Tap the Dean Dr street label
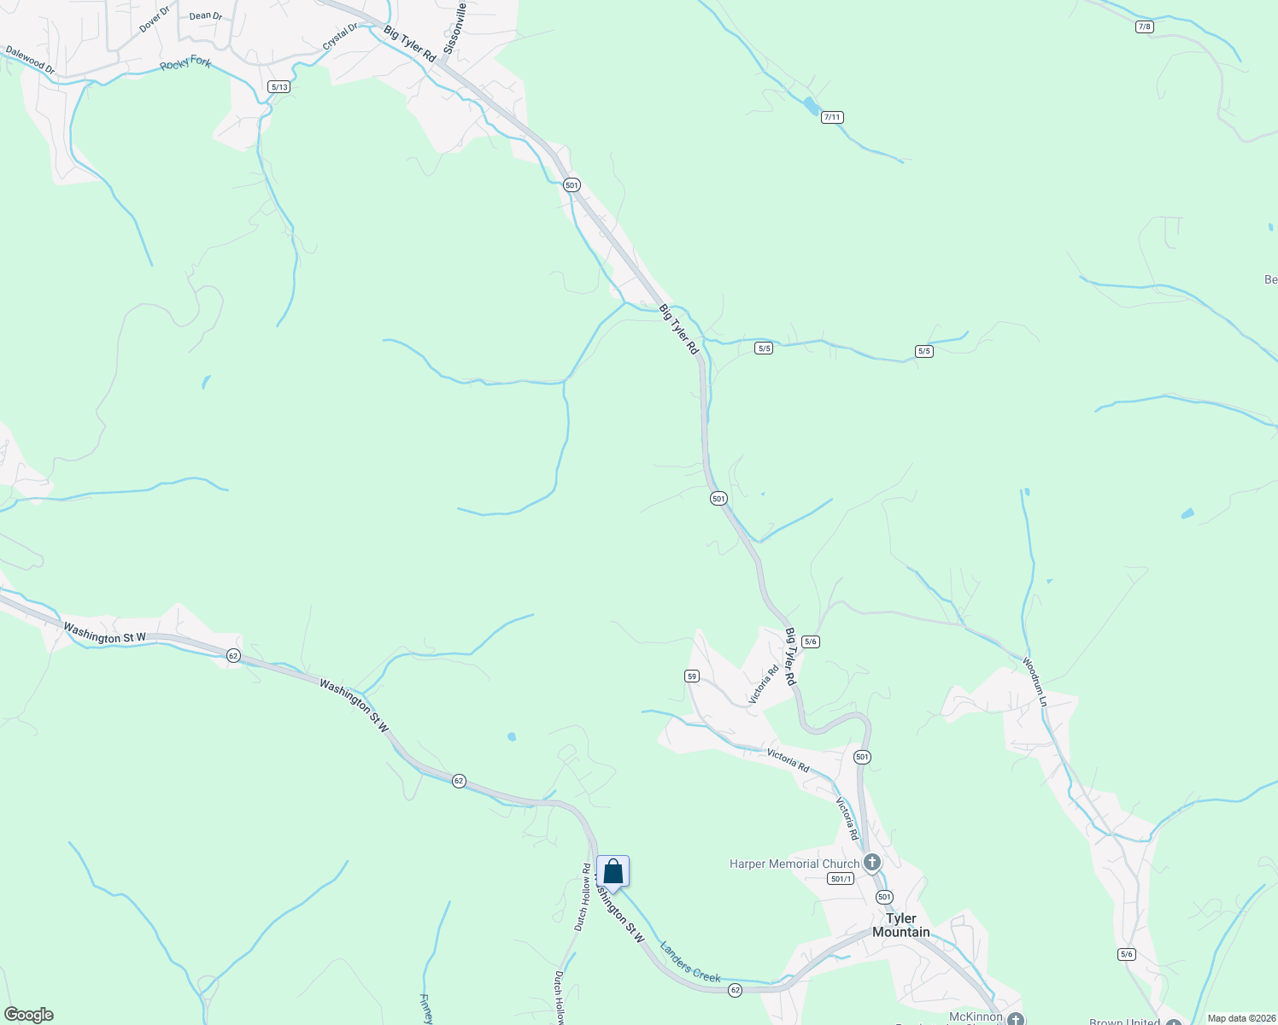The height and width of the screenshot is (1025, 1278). [x=205, y=15]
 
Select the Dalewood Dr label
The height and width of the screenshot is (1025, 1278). [x=30, y=60]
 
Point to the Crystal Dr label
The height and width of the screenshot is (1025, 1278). [x=340, y=36]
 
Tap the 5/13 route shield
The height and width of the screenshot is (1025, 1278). [x=278, y=86]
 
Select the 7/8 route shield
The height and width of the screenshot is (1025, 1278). [x=1145, y=26]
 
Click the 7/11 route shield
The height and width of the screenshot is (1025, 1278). [x=832, y=117]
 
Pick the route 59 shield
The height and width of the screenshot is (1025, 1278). [x=692, y=676]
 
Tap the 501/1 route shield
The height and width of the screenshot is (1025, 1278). [x=841, y=879]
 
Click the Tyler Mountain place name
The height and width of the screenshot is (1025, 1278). [x=900, y=925]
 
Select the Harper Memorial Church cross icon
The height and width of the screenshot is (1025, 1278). [x=872, y=862]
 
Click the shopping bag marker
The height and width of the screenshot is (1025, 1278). [x=613, y=872]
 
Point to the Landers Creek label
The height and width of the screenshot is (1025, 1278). [x=690, y=962]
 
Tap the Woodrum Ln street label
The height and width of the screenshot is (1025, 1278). [x=1035, y=681]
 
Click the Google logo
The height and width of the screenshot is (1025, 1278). [x=29, y=1015]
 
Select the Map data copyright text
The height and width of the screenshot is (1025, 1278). [x=1240, y=1018]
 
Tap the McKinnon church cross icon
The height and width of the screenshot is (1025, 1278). [x=1015, y=1018]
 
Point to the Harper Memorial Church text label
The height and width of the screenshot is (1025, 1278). [x=794, y=864]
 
